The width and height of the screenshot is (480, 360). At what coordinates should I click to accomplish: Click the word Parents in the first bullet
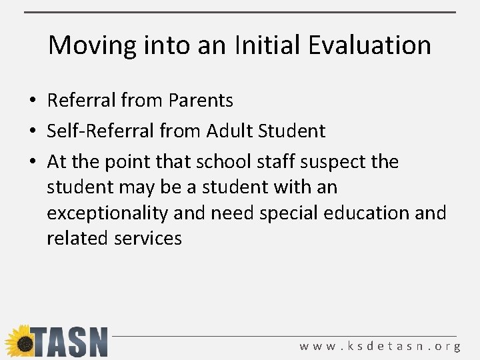point(201,101)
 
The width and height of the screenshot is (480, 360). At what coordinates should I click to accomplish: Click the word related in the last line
point(73,239)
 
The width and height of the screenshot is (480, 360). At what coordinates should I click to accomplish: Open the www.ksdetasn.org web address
point(380,347)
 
